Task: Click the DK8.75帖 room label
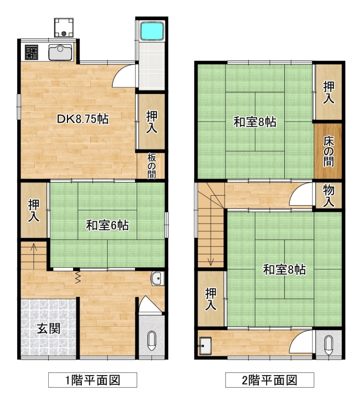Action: pos(83,119)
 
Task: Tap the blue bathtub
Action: pos(152,31)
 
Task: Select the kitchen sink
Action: pos(60,52)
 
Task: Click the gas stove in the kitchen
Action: pos(31,52)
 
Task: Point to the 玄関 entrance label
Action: pos(48,328)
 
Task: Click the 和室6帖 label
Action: pos(108,225)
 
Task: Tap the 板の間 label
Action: pos(152,166)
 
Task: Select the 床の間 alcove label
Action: pos(329,151)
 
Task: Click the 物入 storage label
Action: pos(329,196)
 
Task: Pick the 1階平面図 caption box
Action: pos(92,380)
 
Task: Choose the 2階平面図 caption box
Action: pos(270,380)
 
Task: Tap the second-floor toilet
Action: pos(329,345)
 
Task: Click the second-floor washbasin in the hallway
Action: pos(206,346)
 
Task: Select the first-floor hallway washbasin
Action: pos(157,278)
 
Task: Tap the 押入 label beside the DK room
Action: pos(152,121)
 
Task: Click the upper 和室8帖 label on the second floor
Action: pos(255,122)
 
